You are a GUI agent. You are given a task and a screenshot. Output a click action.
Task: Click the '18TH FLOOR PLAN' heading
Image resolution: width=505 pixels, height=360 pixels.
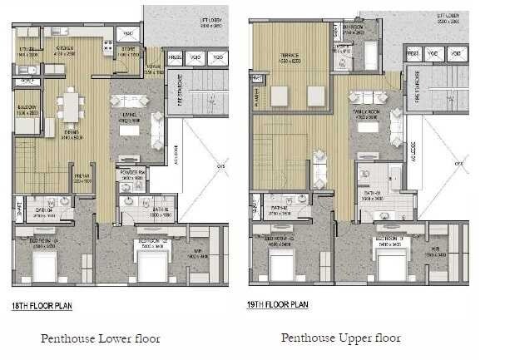[42, 306]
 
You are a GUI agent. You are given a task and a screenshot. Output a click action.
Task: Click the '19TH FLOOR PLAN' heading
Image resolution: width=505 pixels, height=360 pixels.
[279, 305]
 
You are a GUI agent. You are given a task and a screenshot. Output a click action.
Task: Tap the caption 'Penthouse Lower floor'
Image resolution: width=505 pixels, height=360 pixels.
[100, 338]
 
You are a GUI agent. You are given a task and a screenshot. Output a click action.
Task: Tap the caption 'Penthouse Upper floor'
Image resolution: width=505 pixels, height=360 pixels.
[341, 338]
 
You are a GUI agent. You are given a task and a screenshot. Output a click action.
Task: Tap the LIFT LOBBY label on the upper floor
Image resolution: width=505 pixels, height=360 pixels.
[448, 16]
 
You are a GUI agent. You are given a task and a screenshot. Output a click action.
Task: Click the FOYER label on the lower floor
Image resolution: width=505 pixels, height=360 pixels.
[153, 69]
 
